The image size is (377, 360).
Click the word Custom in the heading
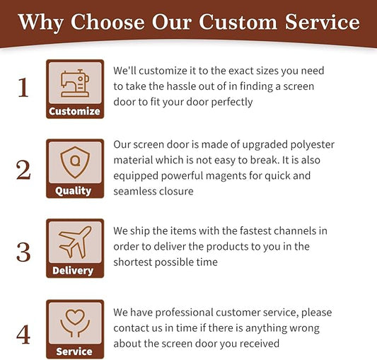238,22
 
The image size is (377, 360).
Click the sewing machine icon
75,83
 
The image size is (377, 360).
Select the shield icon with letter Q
75,162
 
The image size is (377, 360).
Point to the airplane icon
75,242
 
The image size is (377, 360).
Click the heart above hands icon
75,323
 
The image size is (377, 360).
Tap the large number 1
23,88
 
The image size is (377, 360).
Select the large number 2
23,170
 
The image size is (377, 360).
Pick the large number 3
23,252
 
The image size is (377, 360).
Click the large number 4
23,335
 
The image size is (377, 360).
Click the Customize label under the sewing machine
74,111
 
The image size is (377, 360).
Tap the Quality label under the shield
73,191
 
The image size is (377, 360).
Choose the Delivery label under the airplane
73,271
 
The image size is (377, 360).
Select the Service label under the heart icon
74,352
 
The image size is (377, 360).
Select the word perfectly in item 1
232,103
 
